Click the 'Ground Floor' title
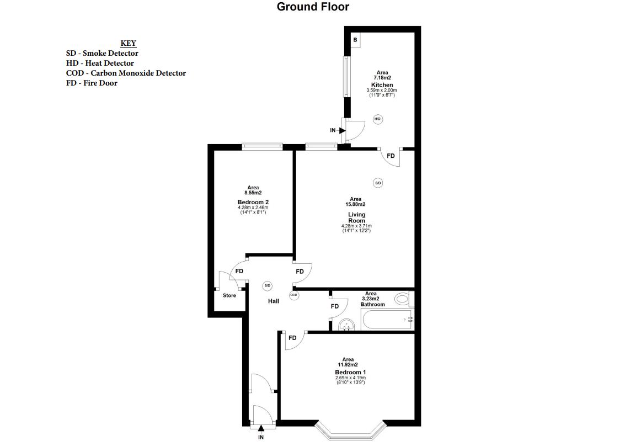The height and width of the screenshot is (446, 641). tap(313, 7)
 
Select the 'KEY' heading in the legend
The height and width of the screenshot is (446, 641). tap(129, 44)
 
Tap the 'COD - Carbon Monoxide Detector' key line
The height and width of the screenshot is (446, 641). tap(126, 73)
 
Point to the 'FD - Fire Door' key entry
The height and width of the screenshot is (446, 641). tap(92, 83)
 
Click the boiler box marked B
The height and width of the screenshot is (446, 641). tap(355, 40)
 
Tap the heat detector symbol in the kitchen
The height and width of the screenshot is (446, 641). tap(378, 119)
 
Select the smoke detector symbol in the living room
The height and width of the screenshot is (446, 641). tap(378, 183)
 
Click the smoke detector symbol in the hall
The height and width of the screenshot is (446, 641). tap(268, 285)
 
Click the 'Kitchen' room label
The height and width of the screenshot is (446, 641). tap(382, 85)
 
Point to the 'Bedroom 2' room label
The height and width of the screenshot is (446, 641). tap(253, 202)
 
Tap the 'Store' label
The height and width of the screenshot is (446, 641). tap(229, 295)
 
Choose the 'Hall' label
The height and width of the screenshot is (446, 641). tap(274, 301)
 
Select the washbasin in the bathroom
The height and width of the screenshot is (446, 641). tap(347, 325)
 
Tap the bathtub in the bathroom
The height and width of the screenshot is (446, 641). tap(386, 320)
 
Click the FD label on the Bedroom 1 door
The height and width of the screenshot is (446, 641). tap(292, 338)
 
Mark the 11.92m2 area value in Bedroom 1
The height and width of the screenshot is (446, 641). tap(348, 364)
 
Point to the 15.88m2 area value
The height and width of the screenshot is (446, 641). tap(355, 204)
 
